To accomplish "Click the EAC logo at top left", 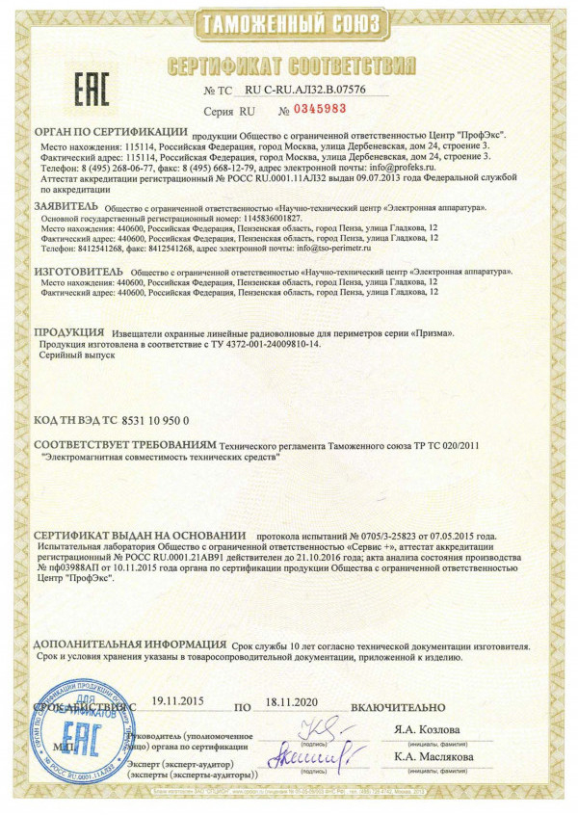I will [85, 88].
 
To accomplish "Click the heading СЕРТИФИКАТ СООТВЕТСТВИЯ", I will [290, 66].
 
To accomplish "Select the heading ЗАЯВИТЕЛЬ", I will [66, 206].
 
